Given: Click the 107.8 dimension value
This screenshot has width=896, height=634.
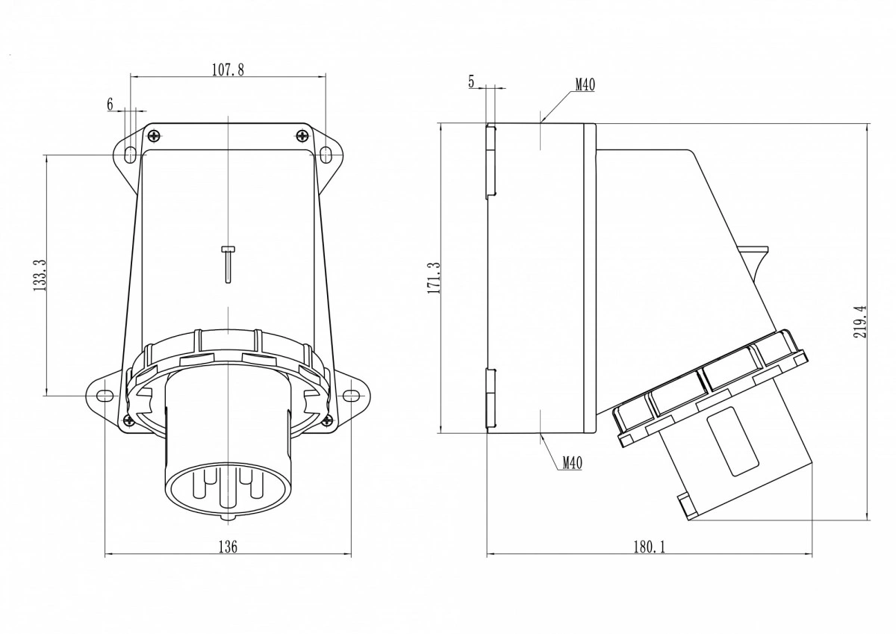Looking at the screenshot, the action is pyautogui.click(x=228, y=70).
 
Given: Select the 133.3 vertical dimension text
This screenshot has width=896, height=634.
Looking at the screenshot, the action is pyautogui.click(x=40, y=276).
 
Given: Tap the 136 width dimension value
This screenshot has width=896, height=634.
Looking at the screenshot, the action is pyautogui.click(x=228, y=547).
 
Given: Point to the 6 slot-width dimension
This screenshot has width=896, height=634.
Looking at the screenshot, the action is pyautogui.click(x=111, y=105).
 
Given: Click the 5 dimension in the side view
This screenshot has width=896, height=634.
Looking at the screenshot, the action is pyautogui.click(x=471, y=81).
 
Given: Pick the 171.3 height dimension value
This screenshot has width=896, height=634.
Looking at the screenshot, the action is pyautogui.click(x=434, y=278).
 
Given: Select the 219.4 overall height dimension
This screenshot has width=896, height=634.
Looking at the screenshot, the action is pyautogui.click(x=861, y=322).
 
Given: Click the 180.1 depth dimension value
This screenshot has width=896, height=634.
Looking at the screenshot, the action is pyautogui.click(x=649, y=547).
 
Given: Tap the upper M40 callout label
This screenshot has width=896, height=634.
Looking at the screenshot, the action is pyautogui.click(x=585, y=85).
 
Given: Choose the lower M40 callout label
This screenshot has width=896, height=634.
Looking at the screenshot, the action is pyautogui.click(x=573, y=463).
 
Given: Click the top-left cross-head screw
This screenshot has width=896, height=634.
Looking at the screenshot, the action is pyautogui.click(x=154, y=136).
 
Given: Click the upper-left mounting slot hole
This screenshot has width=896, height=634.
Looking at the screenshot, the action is pyautogui.click(x=131, y=155).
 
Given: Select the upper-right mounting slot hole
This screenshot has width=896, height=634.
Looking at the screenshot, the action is pyautogui.click(x=326, y=155).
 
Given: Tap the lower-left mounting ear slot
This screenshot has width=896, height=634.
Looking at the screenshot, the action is pyautogui.click(x=104, y=396).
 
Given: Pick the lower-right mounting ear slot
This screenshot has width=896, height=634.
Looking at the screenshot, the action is pyautogui.click(x=352, y=396).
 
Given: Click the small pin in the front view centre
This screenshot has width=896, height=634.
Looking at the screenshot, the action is pyautogui.click(x=228, y=264).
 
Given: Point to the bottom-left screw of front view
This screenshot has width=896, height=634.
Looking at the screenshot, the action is pyautogui.click(x=128, y=420).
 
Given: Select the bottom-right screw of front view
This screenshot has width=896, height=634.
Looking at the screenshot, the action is pyautogui.click(x=327, y=420).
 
